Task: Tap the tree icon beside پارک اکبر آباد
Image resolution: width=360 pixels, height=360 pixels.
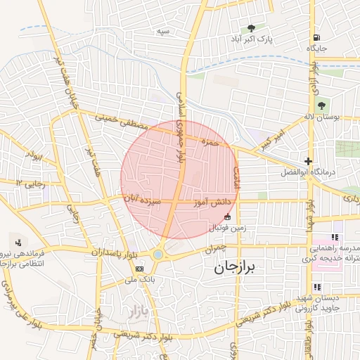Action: [252, 28]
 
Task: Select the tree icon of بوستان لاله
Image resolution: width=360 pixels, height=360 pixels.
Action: [321, 105]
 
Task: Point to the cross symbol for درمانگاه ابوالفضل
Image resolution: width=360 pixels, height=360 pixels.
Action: [308, 161]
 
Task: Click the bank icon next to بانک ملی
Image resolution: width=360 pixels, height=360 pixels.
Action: [139, 269]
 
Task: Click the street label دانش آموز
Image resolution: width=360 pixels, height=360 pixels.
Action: [217, 202]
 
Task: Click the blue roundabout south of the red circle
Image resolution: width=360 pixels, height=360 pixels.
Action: [159, 255]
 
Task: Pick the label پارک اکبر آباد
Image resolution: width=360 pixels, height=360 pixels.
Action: [253, 39]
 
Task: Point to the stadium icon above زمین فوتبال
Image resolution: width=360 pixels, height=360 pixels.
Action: [226, 218]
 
